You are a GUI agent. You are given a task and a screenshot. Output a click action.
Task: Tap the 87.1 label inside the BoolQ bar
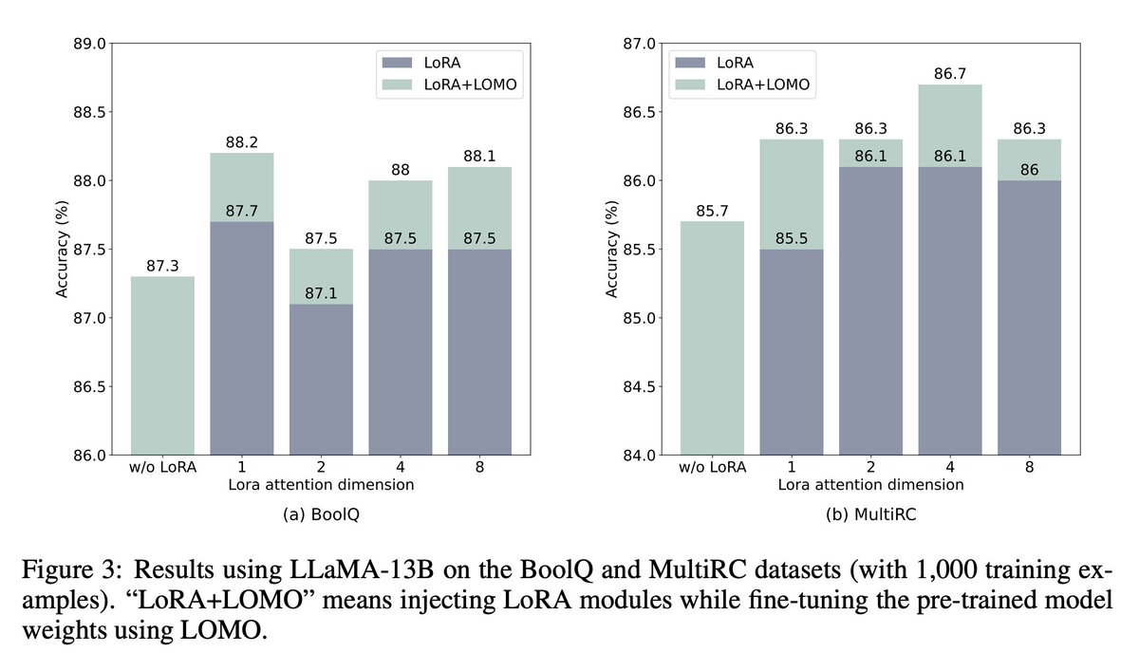(321, 294)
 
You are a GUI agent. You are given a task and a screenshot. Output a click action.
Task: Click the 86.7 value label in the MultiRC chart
(949, 73)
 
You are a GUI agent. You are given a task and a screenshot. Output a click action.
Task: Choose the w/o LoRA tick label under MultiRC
(714, 468)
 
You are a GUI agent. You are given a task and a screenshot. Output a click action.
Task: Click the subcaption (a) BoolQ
(321, 517)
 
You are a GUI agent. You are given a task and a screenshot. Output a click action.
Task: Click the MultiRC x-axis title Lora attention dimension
(871, 485)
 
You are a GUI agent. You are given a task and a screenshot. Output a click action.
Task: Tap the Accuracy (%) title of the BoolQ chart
(62, 250)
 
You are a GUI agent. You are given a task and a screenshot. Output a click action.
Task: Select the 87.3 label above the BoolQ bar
(163, 267)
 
